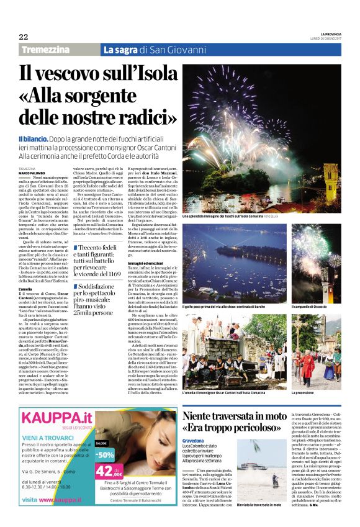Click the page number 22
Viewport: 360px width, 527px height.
click(24, 37)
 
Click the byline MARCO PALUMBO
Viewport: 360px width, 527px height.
click(31, 173)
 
